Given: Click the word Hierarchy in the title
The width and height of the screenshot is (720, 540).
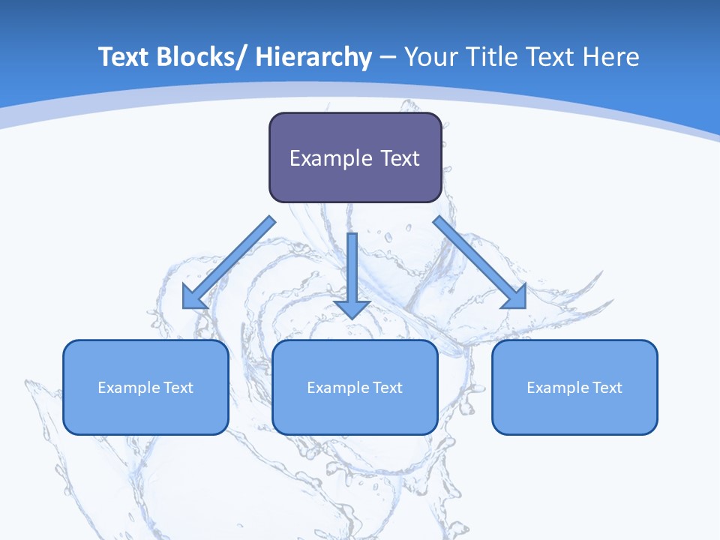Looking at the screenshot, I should pyautogui.click(x=313, y=57).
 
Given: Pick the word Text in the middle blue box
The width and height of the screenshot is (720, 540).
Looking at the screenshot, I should pyautogui.click(x=387, y=388).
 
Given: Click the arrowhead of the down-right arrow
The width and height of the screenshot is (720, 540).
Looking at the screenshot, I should pyautogui.click(x=514, y=297).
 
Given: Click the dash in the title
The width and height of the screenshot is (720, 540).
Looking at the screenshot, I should pyautogui.click(x=388, y=58).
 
